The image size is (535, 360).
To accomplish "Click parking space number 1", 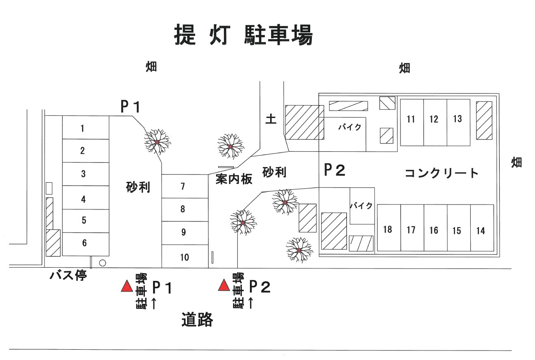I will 85,128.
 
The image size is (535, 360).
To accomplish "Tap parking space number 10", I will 184,257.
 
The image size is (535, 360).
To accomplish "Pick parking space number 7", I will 184,186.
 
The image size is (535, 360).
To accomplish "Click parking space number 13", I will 458,122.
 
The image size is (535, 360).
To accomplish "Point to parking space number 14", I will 481,230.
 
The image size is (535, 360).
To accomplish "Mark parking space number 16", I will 435,230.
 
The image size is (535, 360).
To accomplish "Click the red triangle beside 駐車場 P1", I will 126,286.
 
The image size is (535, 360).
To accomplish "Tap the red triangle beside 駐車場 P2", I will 224,285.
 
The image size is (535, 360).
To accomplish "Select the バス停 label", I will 68,276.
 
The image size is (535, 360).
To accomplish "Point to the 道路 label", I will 197,319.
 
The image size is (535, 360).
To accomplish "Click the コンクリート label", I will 441,173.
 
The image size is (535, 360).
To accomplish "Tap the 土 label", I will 271,119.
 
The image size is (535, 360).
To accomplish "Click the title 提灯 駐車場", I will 244,35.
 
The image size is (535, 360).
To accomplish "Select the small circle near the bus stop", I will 103,263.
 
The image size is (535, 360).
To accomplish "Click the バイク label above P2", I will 350,127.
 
